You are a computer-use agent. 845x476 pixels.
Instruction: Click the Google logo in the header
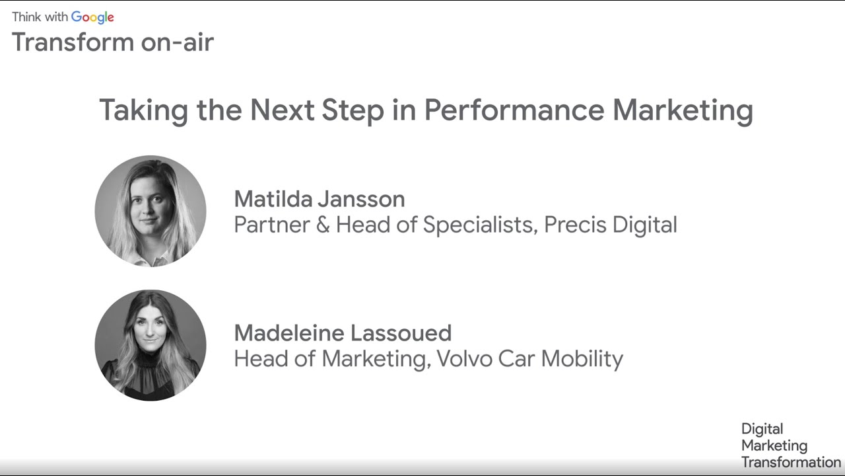(92, 17)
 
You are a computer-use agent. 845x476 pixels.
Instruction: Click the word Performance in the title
(514, 110)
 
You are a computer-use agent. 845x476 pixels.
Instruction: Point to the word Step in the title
(353, 110)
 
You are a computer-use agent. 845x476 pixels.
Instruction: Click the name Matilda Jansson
(320, 199)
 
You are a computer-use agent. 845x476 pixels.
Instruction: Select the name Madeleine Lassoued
(343, 333)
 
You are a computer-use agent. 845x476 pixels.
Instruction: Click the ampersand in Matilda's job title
(322, 225)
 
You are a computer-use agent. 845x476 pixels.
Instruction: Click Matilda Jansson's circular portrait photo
(151, 211)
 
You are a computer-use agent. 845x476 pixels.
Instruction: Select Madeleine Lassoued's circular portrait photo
(151, 345)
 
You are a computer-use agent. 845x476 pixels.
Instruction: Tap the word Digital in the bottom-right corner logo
(762, 429)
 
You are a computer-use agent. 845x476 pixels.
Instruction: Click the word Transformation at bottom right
(791, 462)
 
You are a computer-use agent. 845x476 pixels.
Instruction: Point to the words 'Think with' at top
(40, 17)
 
